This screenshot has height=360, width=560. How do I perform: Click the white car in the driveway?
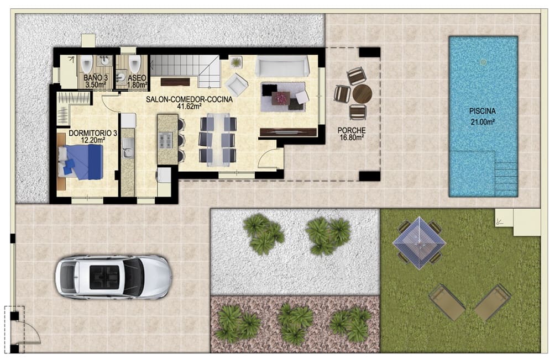(113, 276)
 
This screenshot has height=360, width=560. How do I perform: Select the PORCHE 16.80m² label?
(352, 134)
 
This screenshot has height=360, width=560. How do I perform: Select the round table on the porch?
(362, 94)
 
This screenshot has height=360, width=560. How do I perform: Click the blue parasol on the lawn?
(418, 242)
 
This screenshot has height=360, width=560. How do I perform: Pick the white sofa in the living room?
(282, 66)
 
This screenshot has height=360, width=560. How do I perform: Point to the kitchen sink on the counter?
(128, 148)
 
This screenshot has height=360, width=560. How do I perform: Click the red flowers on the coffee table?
(281, 98)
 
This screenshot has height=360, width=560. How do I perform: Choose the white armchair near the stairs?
(237, 84)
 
